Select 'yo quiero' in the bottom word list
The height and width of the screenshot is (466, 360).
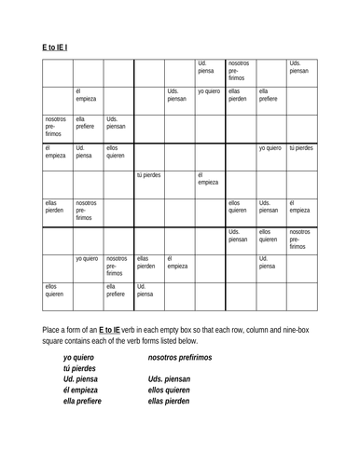point(80,357)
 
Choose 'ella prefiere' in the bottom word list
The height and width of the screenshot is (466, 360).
point(83,402)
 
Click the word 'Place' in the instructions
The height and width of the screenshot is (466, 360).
point(53,330)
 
